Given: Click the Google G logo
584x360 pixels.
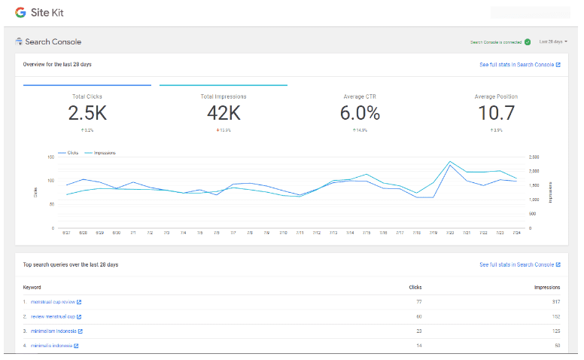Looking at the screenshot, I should (20, 13).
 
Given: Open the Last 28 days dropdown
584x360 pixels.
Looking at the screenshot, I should (553, 42).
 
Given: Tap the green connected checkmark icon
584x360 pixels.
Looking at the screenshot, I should (528, 42).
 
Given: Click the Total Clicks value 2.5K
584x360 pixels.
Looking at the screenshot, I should (87, 113).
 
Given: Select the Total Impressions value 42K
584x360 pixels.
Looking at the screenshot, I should (224, 113).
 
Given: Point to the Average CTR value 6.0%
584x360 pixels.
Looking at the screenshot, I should (360, 113).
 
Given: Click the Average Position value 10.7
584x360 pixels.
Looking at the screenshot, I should (496, 113).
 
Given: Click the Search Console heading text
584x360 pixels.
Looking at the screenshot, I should (53, 42).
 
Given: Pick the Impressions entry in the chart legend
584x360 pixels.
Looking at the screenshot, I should (104, 153).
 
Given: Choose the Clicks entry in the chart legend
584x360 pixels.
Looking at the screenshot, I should (72, 153).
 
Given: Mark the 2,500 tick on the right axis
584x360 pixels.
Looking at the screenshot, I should (535, 157).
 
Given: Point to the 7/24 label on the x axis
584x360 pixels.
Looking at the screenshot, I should (516, 233).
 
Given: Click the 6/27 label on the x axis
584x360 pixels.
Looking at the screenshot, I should (66, 233).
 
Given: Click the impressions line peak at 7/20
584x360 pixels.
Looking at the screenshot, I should (450, 161).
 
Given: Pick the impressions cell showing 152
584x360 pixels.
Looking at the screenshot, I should (555, 316).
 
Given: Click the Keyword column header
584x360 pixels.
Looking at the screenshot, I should (32, 287).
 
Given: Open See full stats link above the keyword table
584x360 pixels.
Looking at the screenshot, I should (519, 265).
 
